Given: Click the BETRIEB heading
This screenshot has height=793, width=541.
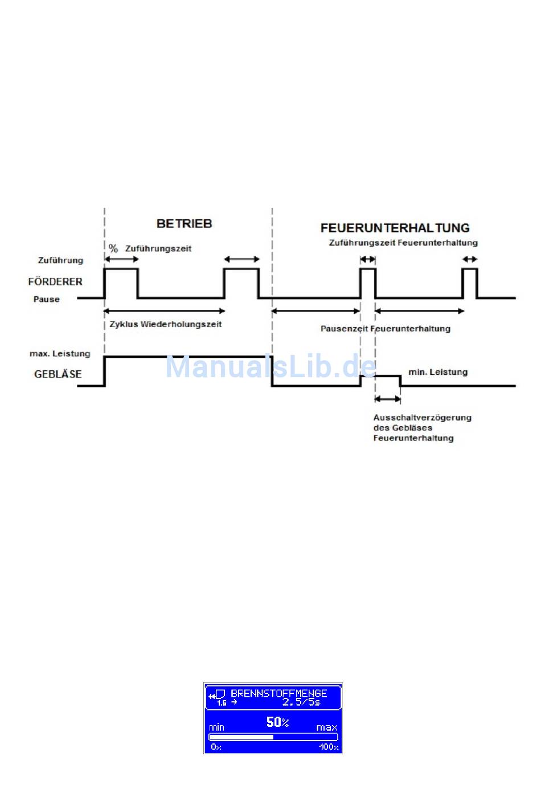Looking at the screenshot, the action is click(x=184, y=224).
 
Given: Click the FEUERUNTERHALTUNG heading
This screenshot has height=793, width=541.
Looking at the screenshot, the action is click(x=395, y=228).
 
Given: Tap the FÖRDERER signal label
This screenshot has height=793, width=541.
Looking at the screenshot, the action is click(x=55, y=281).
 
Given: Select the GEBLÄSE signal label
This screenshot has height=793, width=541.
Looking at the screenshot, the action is click(x=58, y=374).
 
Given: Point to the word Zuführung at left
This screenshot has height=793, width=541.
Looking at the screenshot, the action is click(x=60, y=260).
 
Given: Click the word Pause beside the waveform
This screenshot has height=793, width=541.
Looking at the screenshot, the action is click(x=47, y=299).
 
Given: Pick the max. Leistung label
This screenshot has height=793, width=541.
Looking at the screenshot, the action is click(x=60, y=354).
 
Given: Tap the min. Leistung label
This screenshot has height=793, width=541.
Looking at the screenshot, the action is click(x=438, y=372).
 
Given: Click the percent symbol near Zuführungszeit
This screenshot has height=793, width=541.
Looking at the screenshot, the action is click(x=113, y=248).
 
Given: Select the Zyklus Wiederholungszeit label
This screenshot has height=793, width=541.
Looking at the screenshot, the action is click(x=166, y=324).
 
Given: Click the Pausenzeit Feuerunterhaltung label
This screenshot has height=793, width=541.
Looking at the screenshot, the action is click(x=385, y=329).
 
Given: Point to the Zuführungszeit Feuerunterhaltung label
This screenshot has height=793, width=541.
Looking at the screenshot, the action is click(x=403, y=243).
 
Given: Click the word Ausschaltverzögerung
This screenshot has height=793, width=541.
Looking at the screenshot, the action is click(x=422, y=418).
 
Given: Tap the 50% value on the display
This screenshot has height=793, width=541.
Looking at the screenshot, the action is click(x=277, y=722).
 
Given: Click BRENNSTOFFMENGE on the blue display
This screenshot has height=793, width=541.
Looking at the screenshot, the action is click(x=278, y=693).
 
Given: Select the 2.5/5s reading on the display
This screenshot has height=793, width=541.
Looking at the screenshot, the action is click(x=301, y=702).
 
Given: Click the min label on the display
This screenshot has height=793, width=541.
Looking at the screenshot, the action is click(x=217, y=727).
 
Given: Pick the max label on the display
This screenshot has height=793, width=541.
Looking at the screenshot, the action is click(x=326, y=727).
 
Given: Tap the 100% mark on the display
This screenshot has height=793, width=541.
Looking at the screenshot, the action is click(x=329, y=747).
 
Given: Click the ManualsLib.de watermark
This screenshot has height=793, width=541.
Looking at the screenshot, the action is click(x=270, y=366).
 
